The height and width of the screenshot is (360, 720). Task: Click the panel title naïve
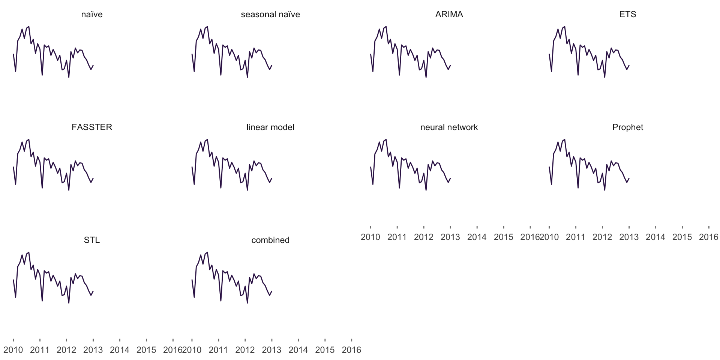(x=92, y=14)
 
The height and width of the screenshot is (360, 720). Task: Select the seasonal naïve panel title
(x=270, y=14)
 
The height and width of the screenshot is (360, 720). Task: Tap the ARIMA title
(x=449, y=14)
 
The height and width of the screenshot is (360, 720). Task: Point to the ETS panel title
(x=628, y=14)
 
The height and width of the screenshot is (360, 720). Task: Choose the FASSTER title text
(x=92, y=127)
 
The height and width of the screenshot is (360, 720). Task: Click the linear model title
(x=270, y=127)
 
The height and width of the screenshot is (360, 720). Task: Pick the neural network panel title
(x=449, y=127)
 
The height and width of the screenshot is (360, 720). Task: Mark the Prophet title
(x=628, y=127)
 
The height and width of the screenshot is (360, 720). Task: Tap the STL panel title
(x=92, y=240)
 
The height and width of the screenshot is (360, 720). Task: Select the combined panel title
(x=270, y=240)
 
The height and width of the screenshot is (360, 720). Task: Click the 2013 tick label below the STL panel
(x=93, y=350)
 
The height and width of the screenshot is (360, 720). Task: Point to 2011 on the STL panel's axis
(x=40, y=350)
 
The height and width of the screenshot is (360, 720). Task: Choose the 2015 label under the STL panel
(x=146, y=350)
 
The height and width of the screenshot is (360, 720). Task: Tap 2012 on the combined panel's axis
(x=245, y=350)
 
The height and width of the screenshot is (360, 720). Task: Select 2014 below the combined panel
(x=298, y=350)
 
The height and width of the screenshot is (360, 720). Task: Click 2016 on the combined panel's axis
(x=351, y=350)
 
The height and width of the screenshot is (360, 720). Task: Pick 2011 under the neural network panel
(x=397, y=237)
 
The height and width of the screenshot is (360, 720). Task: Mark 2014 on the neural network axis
(x=477, y=237)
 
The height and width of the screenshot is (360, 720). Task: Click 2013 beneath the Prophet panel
(x=629, y=237)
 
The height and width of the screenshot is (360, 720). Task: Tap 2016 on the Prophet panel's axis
(x=709, y=237)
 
